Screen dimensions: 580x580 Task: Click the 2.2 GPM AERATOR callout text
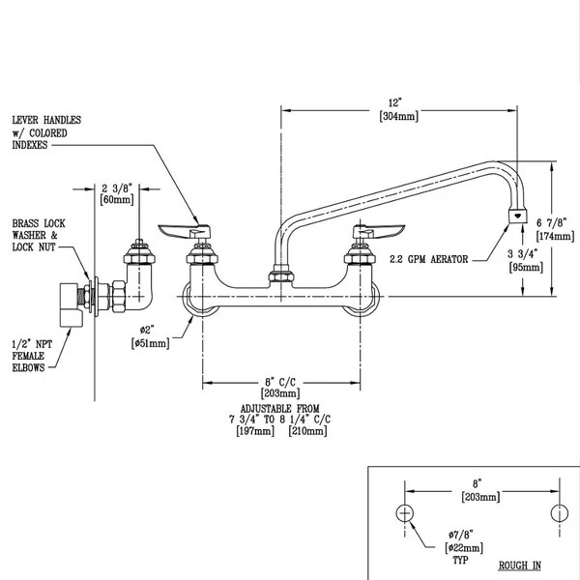pos(429,260)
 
